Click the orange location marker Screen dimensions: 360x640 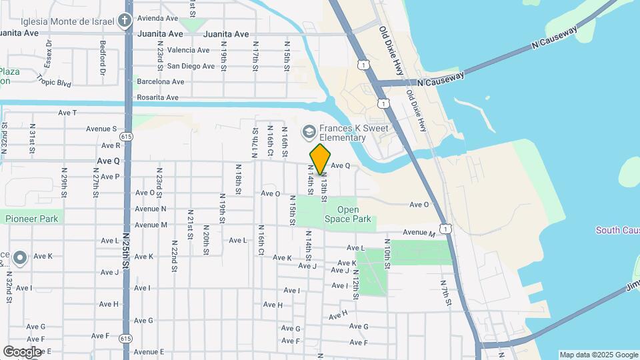pos(320,159)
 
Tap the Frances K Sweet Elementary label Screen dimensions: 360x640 pos(343,133)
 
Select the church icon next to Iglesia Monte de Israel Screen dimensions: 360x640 pos(124,20)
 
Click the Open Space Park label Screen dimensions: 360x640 pos(347,214)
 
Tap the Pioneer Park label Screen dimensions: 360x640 pos(31,219)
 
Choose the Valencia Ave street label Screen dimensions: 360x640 pos(171,50)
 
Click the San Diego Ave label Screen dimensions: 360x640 pos(191,66)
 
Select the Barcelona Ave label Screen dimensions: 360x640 pos(160,82)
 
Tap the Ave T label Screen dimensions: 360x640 pos(67,113)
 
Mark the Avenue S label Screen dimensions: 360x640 pos(101,129)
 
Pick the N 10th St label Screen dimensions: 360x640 pos(387,251)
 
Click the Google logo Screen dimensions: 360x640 pos(23,351)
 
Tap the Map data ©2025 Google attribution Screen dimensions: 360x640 pos(599,355)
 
